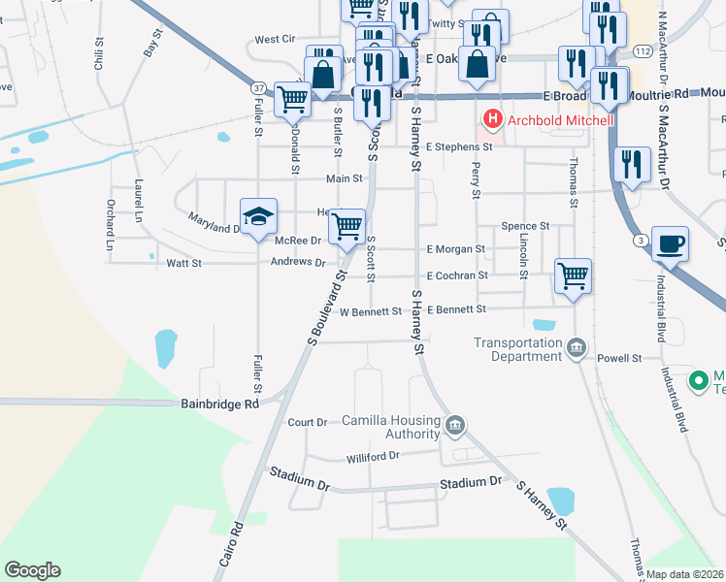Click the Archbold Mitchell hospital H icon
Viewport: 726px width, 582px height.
(x=493, y=120)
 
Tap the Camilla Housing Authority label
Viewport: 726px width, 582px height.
(x=391, y=427)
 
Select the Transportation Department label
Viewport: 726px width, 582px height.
(x=517, y=349)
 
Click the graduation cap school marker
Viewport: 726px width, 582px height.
(x=259, y=217)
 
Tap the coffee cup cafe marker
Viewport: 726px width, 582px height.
(x=670, y=243)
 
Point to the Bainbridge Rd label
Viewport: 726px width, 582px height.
(x=220, y=404)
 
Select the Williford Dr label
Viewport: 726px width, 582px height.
(x=373, y=457)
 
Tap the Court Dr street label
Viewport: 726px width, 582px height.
(x=308, y=423)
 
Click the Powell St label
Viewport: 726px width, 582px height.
(x=620, y=358)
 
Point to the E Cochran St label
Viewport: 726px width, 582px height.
(x=456, y=275)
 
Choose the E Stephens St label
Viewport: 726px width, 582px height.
(x=460, y=146)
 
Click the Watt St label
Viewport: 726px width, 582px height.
(x=183, y=263)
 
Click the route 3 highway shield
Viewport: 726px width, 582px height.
(x=640, y=239)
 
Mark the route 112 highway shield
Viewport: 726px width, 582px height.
(x=642, y=49)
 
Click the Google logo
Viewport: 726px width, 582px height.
(x=32, y=570)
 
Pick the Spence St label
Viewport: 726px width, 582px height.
(x=525, y=226)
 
